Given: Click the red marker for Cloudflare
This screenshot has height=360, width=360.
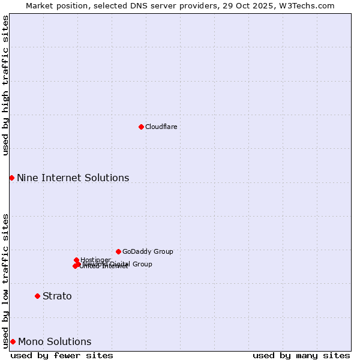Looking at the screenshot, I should [x=141, y=127].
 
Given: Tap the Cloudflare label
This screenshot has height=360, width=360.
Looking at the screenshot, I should [x=161, y=127].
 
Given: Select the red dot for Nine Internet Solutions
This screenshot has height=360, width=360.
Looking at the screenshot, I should [x=11, y=178].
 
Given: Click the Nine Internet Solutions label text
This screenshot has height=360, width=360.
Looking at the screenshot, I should [x=73, y=178].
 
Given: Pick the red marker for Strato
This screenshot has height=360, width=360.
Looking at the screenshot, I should [x=37, y=296].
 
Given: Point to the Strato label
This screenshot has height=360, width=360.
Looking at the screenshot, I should [x=57, y=296].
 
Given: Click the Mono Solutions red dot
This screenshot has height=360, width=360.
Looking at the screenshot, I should [x=13, y=341].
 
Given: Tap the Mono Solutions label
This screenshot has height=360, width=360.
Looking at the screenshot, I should [x=55, y=342].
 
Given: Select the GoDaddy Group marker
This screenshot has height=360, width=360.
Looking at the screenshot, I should [x=118, y=251].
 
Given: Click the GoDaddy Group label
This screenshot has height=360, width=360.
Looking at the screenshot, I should [x=148, y=251].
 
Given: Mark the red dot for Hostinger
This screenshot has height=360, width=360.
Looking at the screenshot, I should [x=76, y=260].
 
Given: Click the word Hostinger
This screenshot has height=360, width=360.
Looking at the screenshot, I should [x=95, y=260].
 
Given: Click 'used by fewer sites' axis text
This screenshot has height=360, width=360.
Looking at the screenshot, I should [x=62, y=355].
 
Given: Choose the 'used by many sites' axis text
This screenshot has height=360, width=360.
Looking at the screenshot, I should [x=301, y=355].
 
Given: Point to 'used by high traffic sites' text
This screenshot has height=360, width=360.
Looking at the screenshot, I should [x=5, y=85].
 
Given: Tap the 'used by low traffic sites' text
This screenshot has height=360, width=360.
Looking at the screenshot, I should [x=5, y=280].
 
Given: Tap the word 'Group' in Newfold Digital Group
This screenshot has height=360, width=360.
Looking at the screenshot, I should [x=143, y=264].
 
